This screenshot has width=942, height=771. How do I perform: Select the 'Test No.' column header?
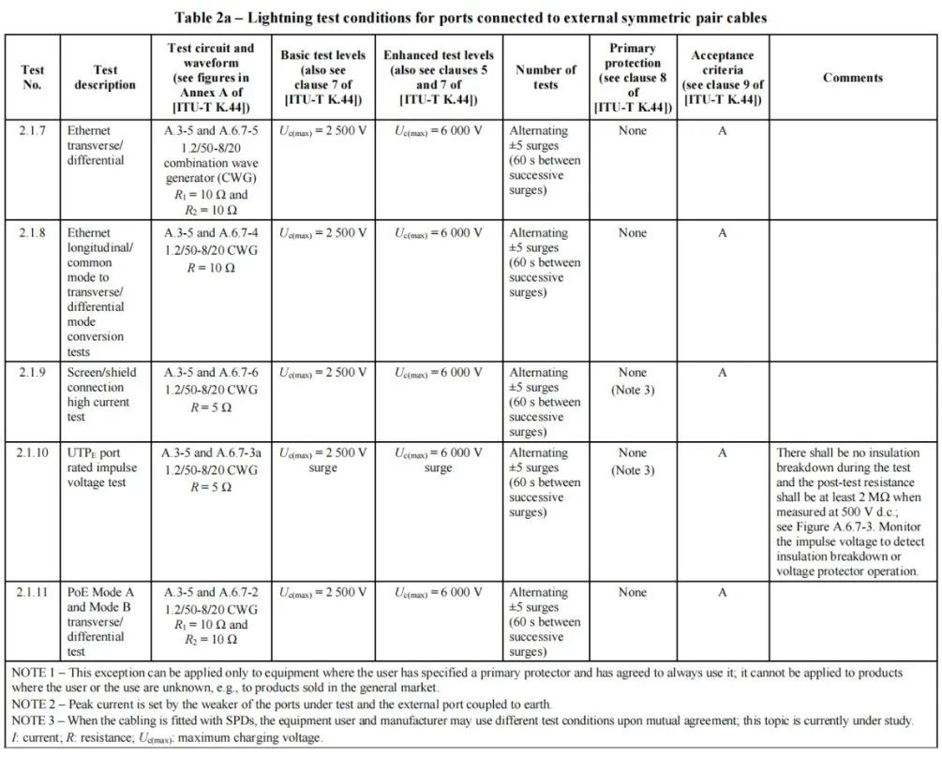[x=32, y=77]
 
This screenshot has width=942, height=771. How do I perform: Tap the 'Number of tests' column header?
[x=546, y=77]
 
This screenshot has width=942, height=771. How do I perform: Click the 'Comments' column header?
[x=852, y=78]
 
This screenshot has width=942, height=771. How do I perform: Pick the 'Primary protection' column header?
[x=633, y=78]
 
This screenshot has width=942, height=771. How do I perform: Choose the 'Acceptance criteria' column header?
[x=722, y=78]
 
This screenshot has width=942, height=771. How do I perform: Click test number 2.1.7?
[x=32, y=131]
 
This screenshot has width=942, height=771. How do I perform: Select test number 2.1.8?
[x=32, y=233]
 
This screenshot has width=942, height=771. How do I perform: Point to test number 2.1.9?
[x=32, y=373]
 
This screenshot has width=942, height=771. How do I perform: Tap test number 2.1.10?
[x=35, y=453]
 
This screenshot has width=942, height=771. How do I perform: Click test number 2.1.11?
[x=35, y=593]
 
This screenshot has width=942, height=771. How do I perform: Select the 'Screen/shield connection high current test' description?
[x=101, y=394]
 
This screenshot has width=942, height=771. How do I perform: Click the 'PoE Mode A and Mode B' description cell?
[x=101, y=621]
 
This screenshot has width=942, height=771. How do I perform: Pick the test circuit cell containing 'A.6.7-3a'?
[x=211, y=469]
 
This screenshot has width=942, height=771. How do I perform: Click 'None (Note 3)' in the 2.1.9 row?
[x=633, y=381]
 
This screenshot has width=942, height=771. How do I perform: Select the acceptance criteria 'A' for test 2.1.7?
[x=722, y=131]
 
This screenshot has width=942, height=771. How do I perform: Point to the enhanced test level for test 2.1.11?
[x=438, y=593]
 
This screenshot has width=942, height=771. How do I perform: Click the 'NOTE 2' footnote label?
[x=35, y=704]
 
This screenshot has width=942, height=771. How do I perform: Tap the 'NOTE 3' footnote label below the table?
[x=35, y=720]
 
